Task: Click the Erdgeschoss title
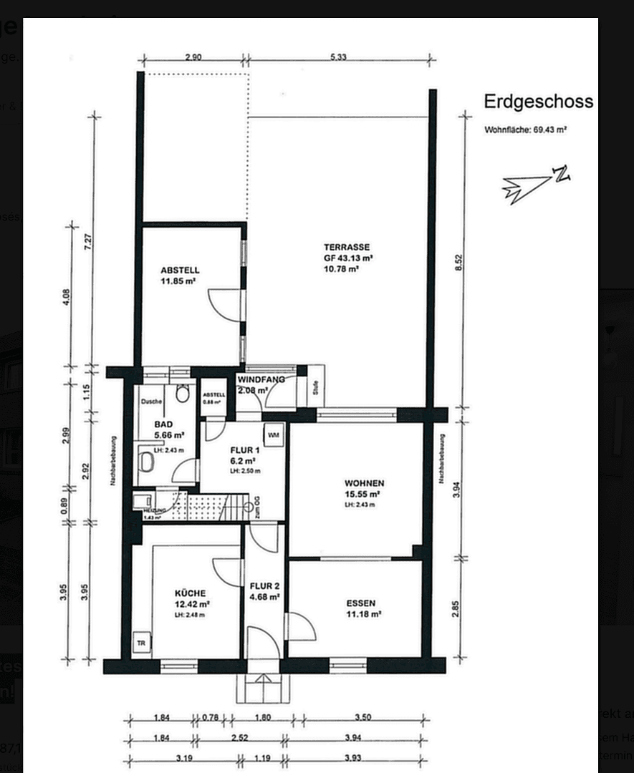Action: point(538,102)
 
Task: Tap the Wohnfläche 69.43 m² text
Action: point(526,130)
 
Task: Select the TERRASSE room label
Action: point(347,247)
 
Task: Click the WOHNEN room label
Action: point(364,483)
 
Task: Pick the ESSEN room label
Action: point(360,603)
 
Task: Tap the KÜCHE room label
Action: point(190,593)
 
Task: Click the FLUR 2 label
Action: point(264,585)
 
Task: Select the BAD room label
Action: point(163,424)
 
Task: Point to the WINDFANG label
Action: point(261,379)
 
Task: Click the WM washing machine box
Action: point(274,434)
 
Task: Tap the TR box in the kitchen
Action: point(142,643)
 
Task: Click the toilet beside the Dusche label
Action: point(182,394)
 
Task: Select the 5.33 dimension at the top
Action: point(338,58)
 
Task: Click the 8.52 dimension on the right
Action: point(459,262)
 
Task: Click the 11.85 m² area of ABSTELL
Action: point(179,281)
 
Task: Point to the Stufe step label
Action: point(314,389)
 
